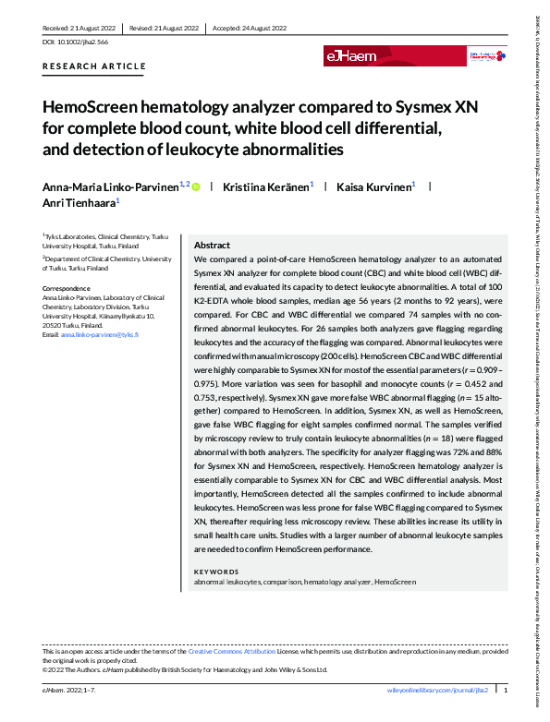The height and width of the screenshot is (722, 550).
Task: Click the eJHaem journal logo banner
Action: tap(352, 56)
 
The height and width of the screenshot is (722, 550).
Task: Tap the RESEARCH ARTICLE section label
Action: tap(94, 66)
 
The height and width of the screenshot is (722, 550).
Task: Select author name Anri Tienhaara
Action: tap(76, 201)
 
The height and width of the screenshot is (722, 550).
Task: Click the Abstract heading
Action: tap(212, 247)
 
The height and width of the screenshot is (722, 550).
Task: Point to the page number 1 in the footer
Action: tap(506, 691)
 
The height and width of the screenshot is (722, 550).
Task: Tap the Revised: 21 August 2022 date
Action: tap(165, 29)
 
